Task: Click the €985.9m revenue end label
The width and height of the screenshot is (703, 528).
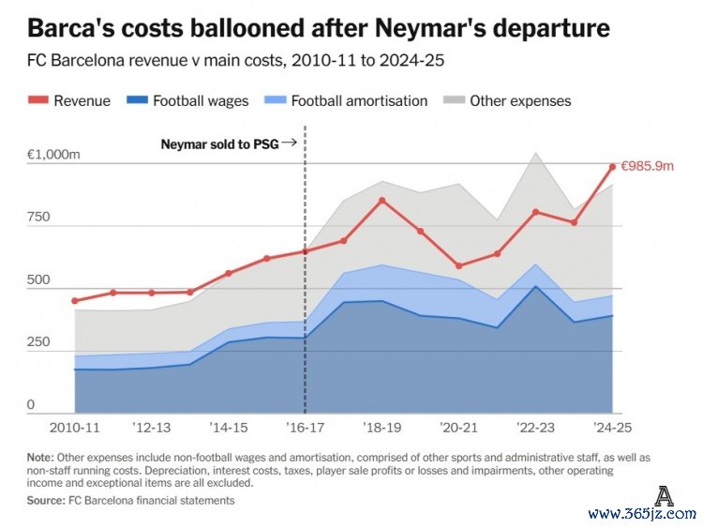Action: coord(649,166)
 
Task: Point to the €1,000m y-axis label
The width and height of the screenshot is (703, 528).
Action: coord(54,154)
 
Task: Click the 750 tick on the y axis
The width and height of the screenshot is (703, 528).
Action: coord(38,217)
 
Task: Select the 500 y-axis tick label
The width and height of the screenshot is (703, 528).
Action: coord(38,279)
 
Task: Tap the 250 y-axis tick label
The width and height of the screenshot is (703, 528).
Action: coord(38,342)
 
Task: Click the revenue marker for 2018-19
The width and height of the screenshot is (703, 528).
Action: coord(381,200)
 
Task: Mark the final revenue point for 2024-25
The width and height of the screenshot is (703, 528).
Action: coord(612,167)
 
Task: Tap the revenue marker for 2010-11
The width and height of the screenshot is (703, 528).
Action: coord(75,301)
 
